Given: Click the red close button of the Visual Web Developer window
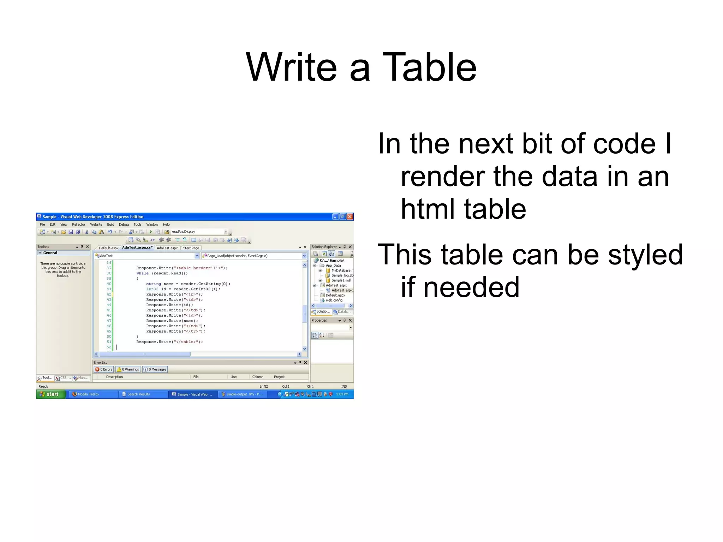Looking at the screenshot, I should point(349,216).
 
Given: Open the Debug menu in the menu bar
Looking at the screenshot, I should point(124,225).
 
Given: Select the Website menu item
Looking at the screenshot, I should point(96,225).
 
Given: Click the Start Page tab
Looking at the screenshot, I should point(191,248).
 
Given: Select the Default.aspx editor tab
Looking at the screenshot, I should point(108,248).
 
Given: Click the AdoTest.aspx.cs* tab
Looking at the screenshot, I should point(137,248).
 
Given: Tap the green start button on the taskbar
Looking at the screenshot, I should point(50,394).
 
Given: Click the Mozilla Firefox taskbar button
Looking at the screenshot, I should point(88,394).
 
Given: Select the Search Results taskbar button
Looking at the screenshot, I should point(138,394).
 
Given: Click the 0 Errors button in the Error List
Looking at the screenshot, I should point(104,369).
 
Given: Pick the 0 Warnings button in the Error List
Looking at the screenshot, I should point(128,369).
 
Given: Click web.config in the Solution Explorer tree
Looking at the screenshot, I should point(334,300).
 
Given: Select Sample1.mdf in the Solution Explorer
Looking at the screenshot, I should point(341,280).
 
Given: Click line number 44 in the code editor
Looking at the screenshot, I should point(109,305).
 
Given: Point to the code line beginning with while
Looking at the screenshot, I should point(162,273).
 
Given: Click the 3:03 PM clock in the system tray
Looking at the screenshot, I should point(342,394).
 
